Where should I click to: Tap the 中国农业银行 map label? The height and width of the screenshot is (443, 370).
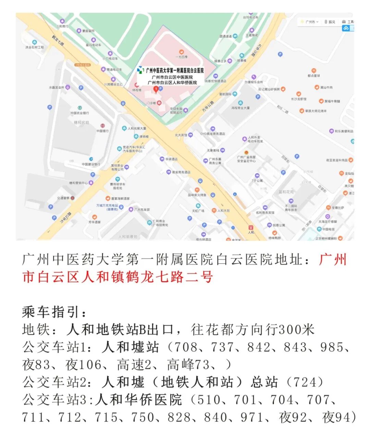tap(79, 113)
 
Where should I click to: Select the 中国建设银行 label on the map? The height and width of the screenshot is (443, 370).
tap(91, 164)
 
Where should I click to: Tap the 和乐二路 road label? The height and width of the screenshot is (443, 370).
tap(283, 109)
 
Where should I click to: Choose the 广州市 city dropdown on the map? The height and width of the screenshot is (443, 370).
tap(310, 22)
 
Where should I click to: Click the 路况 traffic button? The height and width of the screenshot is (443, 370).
tap(330, 22)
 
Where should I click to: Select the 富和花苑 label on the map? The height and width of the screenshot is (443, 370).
tap(286, 192)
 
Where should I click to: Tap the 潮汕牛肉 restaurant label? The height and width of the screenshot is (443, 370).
tap(326, 88)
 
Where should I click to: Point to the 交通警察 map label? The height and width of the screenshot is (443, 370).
tap(63, 198)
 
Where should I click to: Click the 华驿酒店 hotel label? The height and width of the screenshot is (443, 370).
tap(171, 159)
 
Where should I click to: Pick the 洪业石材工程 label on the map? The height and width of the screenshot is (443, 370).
tap(35, 47)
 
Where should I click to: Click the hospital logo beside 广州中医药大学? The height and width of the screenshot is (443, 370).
tap(140, 70)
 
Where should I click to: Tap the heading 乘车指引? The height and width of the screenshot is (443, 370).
tap(54, 312)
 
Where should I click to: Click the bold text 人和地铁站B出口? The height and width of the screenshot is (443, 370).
tap(121, 330)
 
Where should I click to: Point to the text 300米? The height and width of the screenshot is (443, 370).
tap(296, 330)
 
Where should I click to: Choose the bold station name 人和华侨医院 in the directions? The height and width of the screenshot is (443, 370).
tap(139, 400)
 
